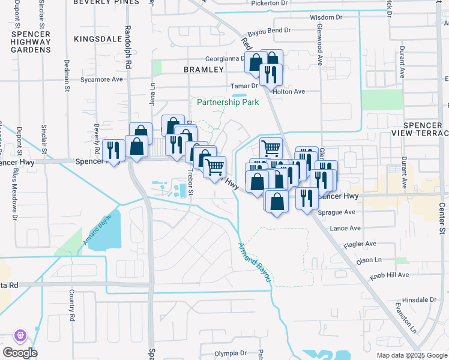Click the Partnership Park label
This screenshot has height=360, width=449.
coord(228,103)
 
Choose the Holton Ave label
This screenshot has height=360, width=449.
coord(289,92)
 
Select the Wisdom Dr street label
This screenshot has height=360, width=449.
coord(327,17)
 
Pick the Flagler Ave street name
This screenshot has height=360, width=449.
coord(359,244)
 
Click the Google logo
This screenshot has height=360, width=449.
coord(19,353)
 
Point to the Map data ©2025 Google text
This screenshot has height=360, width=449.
coord(412,355)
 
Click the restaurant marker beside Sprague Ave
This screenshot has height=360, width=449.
coord(307,198)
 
